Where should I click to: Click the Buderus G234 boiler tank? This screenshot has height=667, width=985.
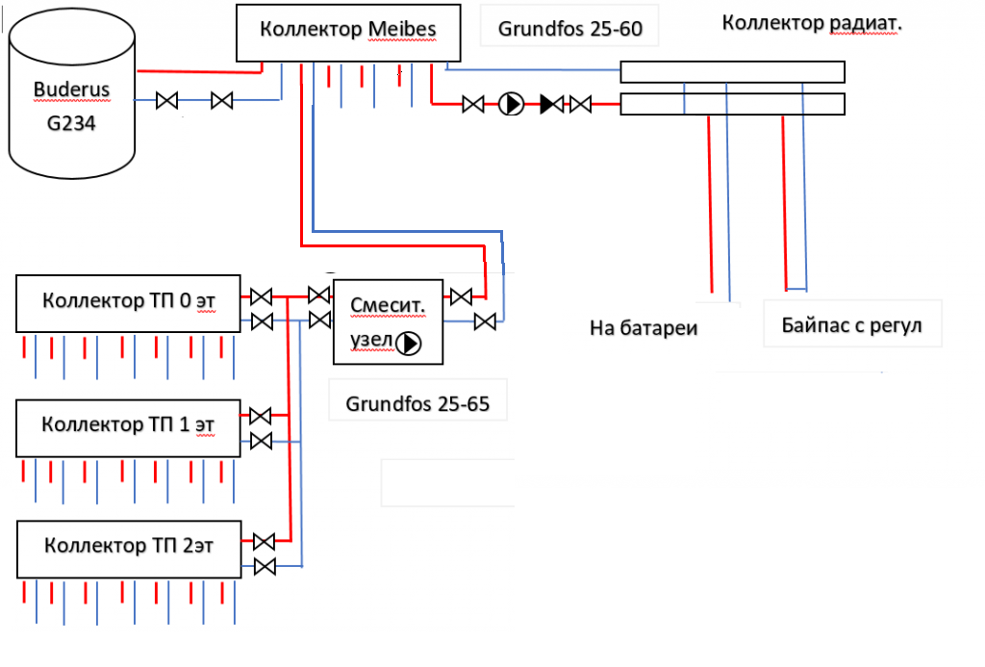pos(73,96)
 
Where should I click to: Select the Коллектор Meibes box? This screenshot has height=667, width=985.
pos(347,31)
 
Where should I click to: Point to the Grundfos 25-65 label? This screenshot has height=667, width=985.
pos(417,404)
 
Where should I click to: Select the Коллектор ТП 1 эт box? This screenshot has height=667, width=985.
pos(128,426)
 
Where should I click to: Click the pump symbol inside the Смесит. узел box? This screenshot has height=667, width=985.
pos(411,342)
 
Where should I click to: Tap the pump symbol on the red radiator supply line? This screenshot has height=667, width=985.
pos(511,104)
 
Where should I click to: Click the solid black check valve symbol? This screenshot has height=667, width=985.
pos(551,104)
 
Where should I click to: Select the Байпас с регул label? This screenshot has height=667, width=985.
pos(852,325)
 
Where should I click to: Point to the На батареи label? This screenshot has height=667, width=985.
pos(644,328)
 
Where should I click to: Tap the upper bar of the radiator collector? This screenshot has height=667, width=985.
pos(732,72)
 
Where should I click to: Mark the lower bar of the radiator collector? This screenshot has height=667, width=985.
pos(732,103)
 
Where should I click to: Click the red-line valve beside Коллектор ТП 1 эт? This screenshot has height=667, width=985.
pos(260,416)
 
